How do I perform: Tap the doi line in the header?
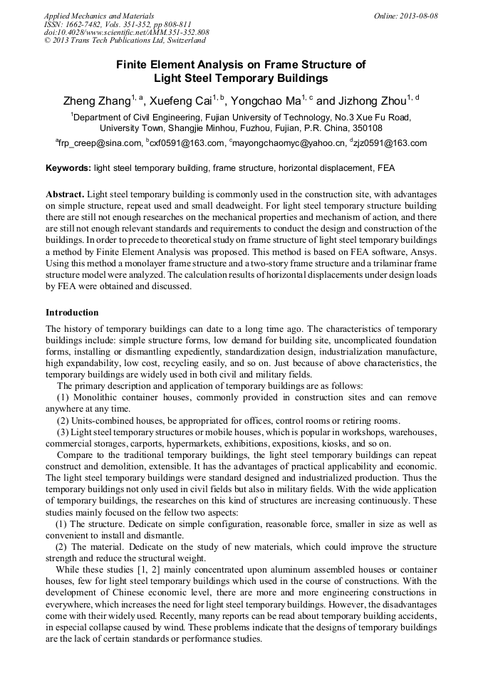126,32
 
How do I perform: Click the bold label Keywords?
68,169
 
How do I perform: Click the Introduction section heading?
72,312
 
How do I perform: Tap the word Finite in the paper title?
133,65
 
